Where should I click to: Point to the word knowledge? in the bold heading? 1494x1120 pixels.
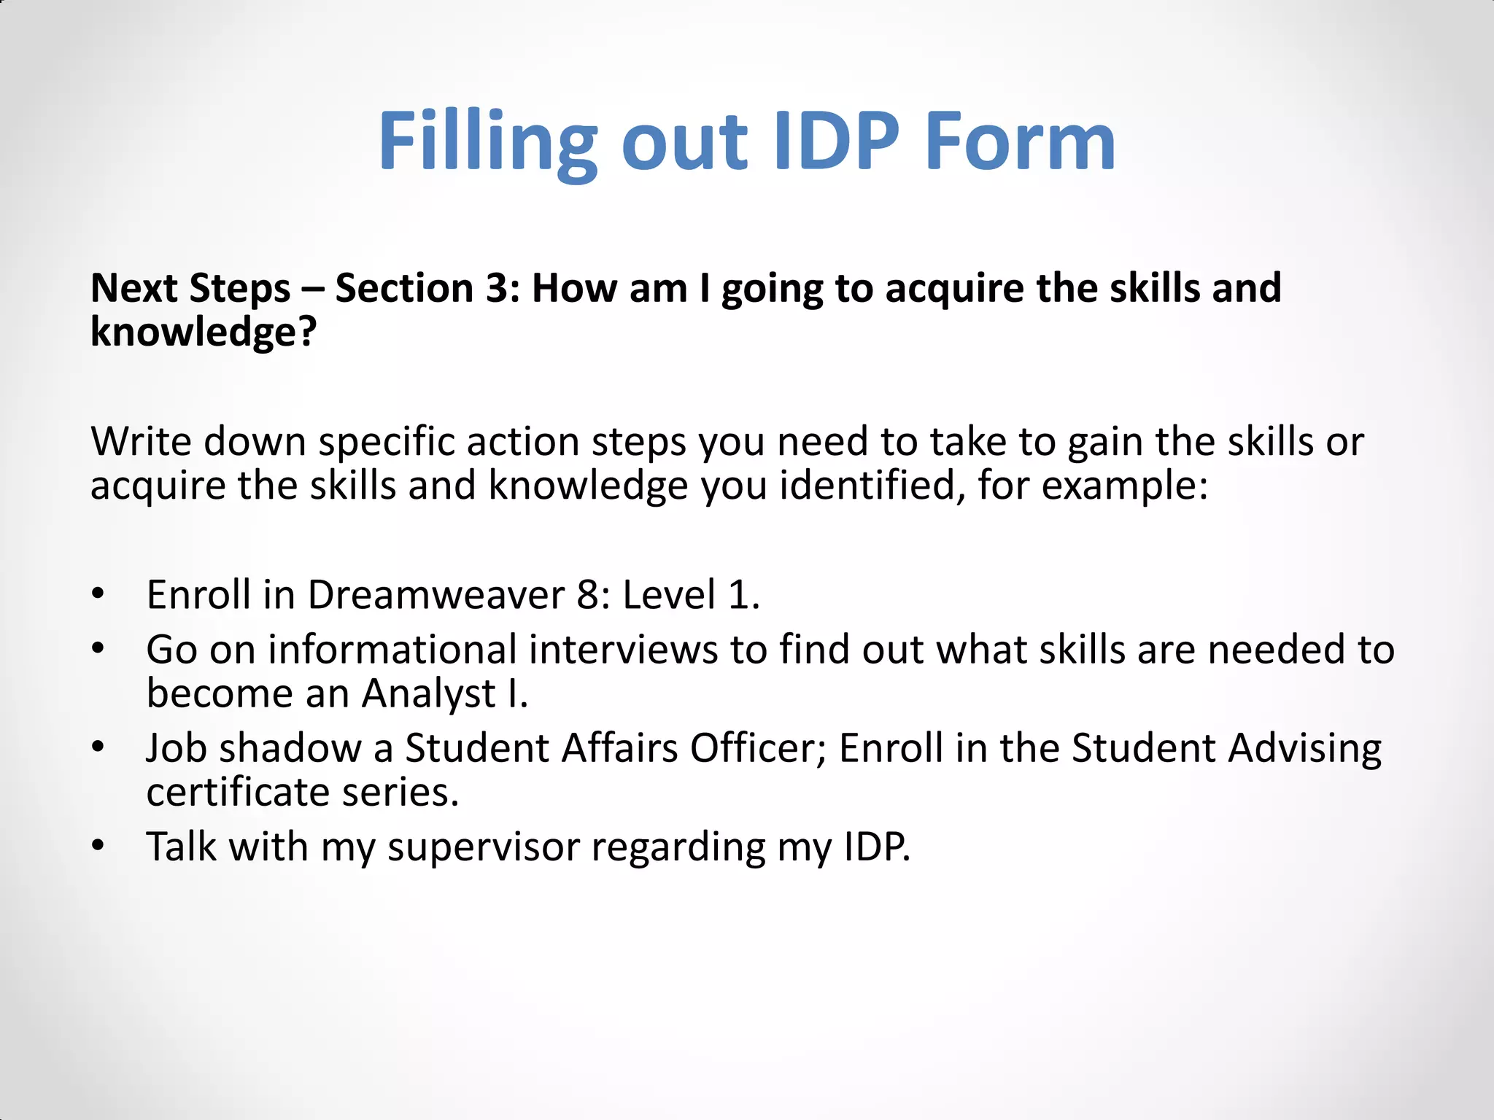(204, 333)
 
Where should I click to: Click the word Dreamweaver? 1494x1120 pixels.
(436, 595)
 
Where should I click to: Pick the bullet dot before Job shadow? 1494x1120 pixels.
(99, 747)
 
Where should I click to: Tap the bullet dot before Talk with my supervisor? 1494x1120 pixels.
(99, 846)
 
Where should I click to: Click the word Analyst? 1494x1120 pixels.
(429, 694)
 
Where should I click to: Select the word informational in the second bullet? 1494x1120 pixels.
(392, 650)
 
